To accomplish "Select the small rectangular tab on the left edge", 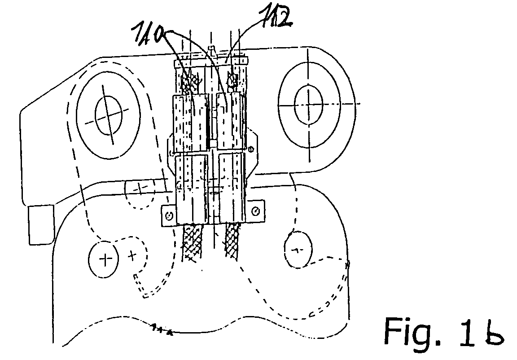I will point(40,224).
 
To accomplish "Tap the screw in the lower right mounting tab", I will point(255,210).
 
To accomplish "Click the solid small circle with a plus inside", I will point(105,259).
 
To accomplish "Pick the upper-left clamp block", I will point(188,123).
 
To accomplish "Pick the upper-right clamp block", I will point(230,121).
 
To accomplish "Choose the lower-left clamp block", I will point(191,189).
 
